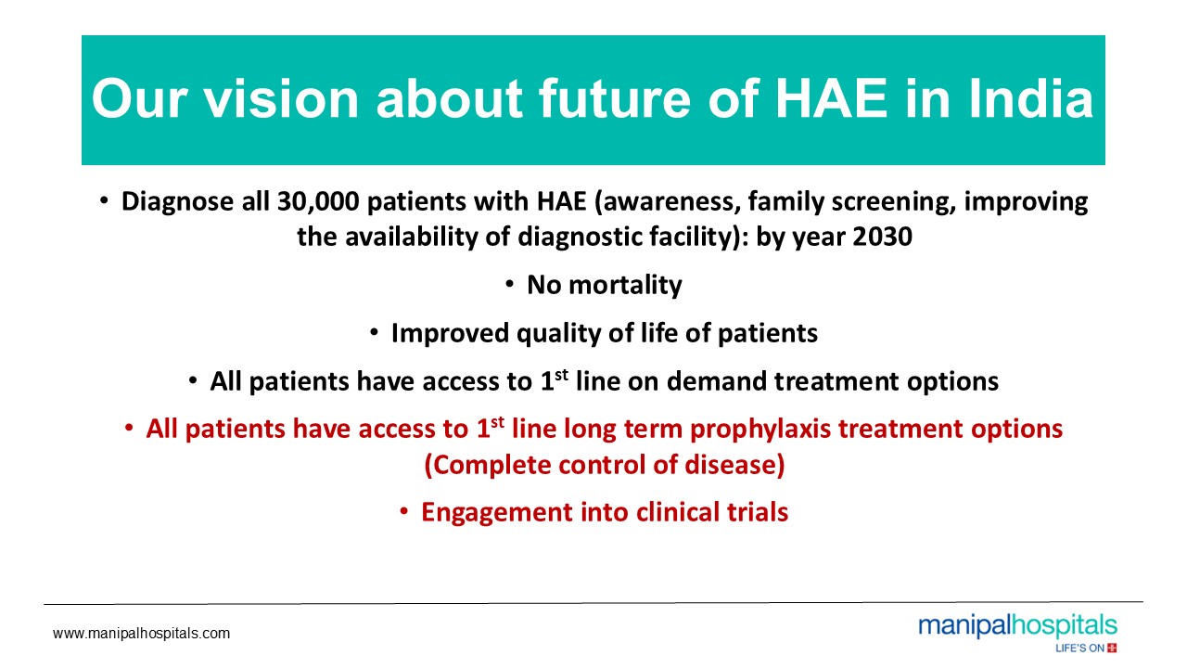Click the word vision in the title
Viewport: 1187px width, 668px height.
281,99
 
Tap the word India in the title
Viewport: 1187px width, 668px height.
1031,99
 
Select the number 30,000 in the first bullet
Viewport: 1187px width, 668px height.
318,202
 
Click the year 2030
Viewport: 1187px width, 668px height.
882,237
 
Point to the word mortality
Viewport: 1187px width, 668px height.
625,286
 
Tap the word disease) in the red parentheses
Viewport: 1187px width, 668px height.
734,465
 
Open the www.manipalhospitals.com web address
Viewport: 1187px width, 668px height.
142,634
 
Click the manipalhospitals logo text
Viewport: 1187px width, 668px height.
1018,627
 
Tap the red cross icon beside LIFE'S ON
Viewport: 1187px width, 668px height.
1112,648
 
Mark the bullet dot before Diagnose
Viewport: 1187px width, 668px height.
104,201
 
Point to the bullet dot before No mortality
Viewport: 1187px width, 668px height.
509,285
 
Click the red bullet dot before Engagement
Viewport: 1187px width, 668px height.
403,512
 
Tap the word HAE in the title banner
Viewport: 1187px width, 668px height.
832,99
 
